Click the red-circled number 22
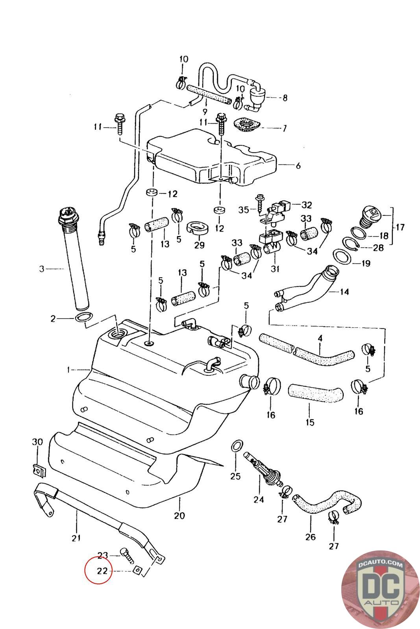point(99,570)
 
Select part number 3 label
point(42,269)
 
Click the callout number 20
point(179,515)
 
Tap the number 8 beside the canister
point(285,97)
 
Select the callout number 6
point(298,166)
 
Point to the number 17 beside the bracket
point(400,227)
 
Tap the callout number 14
point(344,292)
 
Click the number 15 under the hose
point(310,422)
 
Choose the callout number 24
point(259,500)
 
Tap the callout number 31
point(275,269)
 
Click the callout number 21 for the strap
point(76,538)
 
